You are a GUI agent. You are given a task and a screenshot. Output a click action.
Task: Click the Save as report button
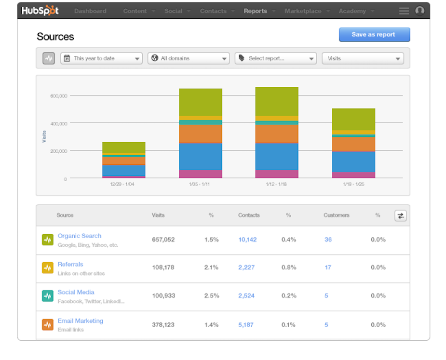click(x=374, y=35)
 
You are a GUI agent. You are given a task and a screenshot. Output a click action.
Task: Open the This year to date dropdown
click(x=101, y=58)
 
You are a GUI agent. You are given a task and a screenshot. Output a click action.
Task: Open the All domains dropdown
click(x=189, y=58)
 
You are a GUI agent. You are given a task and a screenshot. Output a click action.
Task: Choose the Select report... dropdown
click(x=275, y=58)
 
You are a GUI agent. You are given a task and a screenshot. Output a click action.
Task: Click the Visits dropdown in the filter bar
click(x=363, y=58)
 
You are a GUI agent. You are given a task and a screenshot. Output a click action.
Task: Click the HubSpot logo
click(x=40, y=11)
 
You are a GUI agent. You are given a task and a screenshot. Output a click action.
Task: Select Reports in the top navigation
click(x=255, y=11)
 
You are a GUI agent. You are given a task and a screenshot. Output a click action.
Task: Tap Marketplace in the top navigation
click(x=303, y=11)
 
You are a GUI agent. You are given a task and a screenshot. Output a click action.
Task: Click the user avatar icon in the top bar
click(x=420, y=11)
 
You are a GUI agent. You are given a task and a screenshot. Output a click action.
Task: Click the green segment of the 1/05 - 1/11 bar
click(x=201, y=102)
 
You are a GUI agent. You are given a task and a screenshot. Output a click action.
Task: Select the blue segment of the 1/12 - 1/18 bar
click(x=276, y=156)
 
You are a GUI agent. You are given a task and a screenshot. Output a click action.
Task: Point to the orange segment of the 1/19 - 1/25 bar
click(x=353, y=144)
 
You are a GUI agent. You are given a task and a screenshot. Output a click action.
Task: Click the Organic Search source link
click(x=80, y=236)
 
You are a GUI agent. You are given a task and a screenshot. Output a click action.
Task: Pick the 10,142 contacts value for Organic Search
click(x=247, y=240)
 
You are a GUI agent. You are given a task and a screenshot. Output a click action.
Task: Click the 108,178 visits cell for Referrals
click(x=163, y=267)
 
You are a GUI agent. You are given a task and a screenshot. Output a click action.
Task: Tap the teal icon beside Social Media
click(x=47, y=296)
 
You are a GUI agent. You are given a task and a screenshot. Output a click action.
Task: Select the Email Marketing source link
click(x=81, y=321)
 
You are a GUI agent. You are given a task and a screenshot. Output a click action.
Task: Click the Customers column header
click(x=336, y=215)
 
